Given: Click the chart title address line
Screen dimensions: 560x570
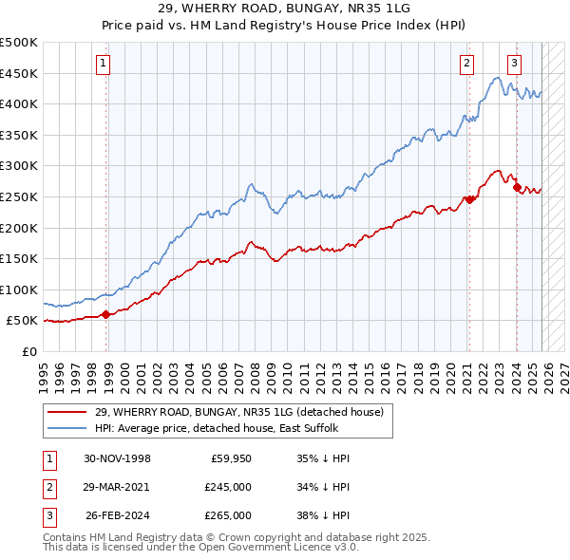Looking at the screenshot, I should (284, 9).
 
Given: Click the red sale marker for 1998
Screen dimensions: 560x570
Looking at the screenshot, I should (105, 315).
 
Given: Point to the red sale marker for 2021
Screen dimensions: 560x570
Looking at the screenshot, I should (469, 199).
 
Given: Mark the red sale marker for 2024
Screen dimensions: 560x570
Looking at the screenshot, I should (517, 188).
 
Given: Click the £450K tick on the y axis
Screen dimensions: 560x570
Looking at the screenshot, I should (19, 73).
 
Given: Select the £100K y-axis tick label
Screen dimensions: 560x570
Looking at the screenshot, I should (19, 289).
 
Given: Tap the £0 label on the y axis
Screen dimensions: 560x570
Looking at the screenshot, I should (29, 352).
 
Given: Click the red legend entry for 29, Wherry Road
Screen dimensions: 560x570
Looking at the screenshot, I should (238, 412).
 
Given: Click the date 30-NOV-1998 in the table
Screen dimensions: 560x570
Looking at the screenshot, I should (117, 457).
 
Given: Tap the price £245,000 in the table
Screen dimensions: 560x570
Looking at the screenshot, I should (228, 486).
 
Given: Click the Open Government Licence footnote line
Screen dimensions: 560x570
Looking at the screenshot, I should (200, 548).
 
